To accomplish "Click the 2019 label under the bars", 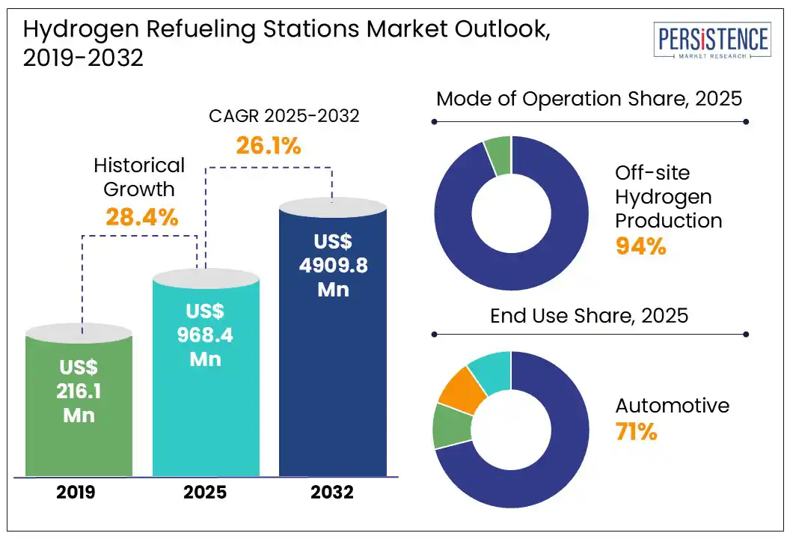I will coord(79,493).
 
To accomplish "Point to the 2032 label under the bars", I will coord(333,493).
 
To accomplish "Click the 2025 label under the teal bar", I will coord(206,493).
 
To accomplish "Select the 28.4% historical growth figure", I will coord(141,217).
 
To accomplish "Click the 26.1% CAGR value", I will coord(269,145).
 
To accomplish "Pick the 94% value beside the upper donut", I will coord(640,246).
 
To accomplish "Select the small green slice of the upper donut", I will coord(498,155).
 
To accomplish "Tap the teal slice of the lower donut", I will coord(491,371).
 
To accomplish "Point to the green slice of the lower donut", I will coord(451,426).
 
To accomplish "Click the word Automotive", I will coord(672,406).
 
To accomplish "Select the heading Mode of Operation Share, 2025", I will coord(589,98).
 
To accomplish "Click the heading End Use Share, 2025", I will coord(589,315).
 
